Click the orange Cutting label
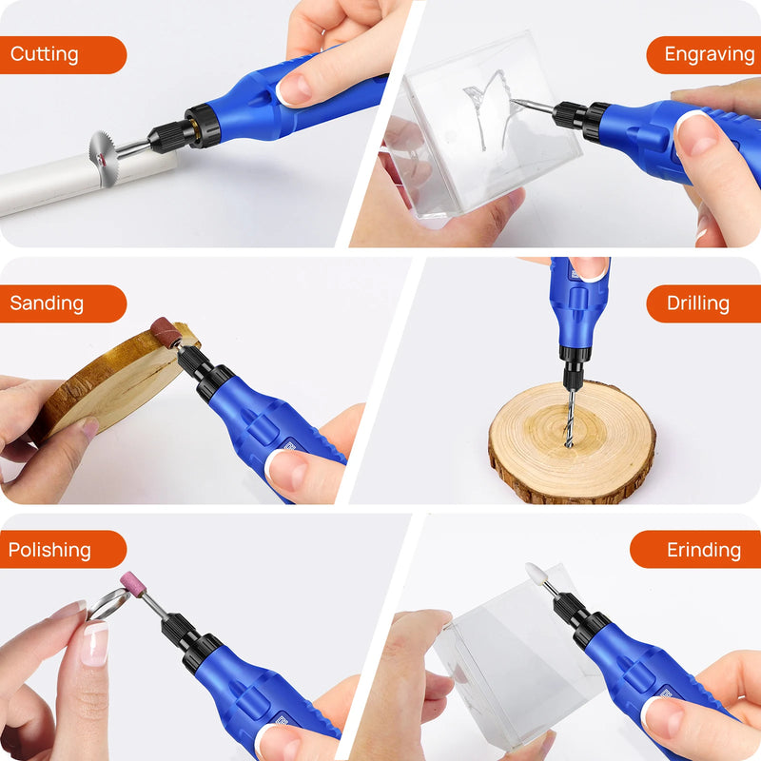click(62, 55)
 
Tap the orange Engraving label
click(704, 55)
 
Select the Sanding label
click(62, 303)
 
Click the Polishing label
click(62, 550)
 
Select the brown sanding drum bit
click(166, 332)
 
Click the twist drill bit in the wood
click(570, 419)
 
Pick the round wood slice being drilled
click(571, 447)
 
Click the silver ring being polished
click(107, 606)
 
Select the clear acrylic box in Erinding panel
click(504, 666)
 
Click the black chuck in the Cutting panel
click(176, 133)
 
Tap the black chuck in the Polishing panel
click(181, 634)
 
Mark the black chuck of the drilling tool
click(574, 366)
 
